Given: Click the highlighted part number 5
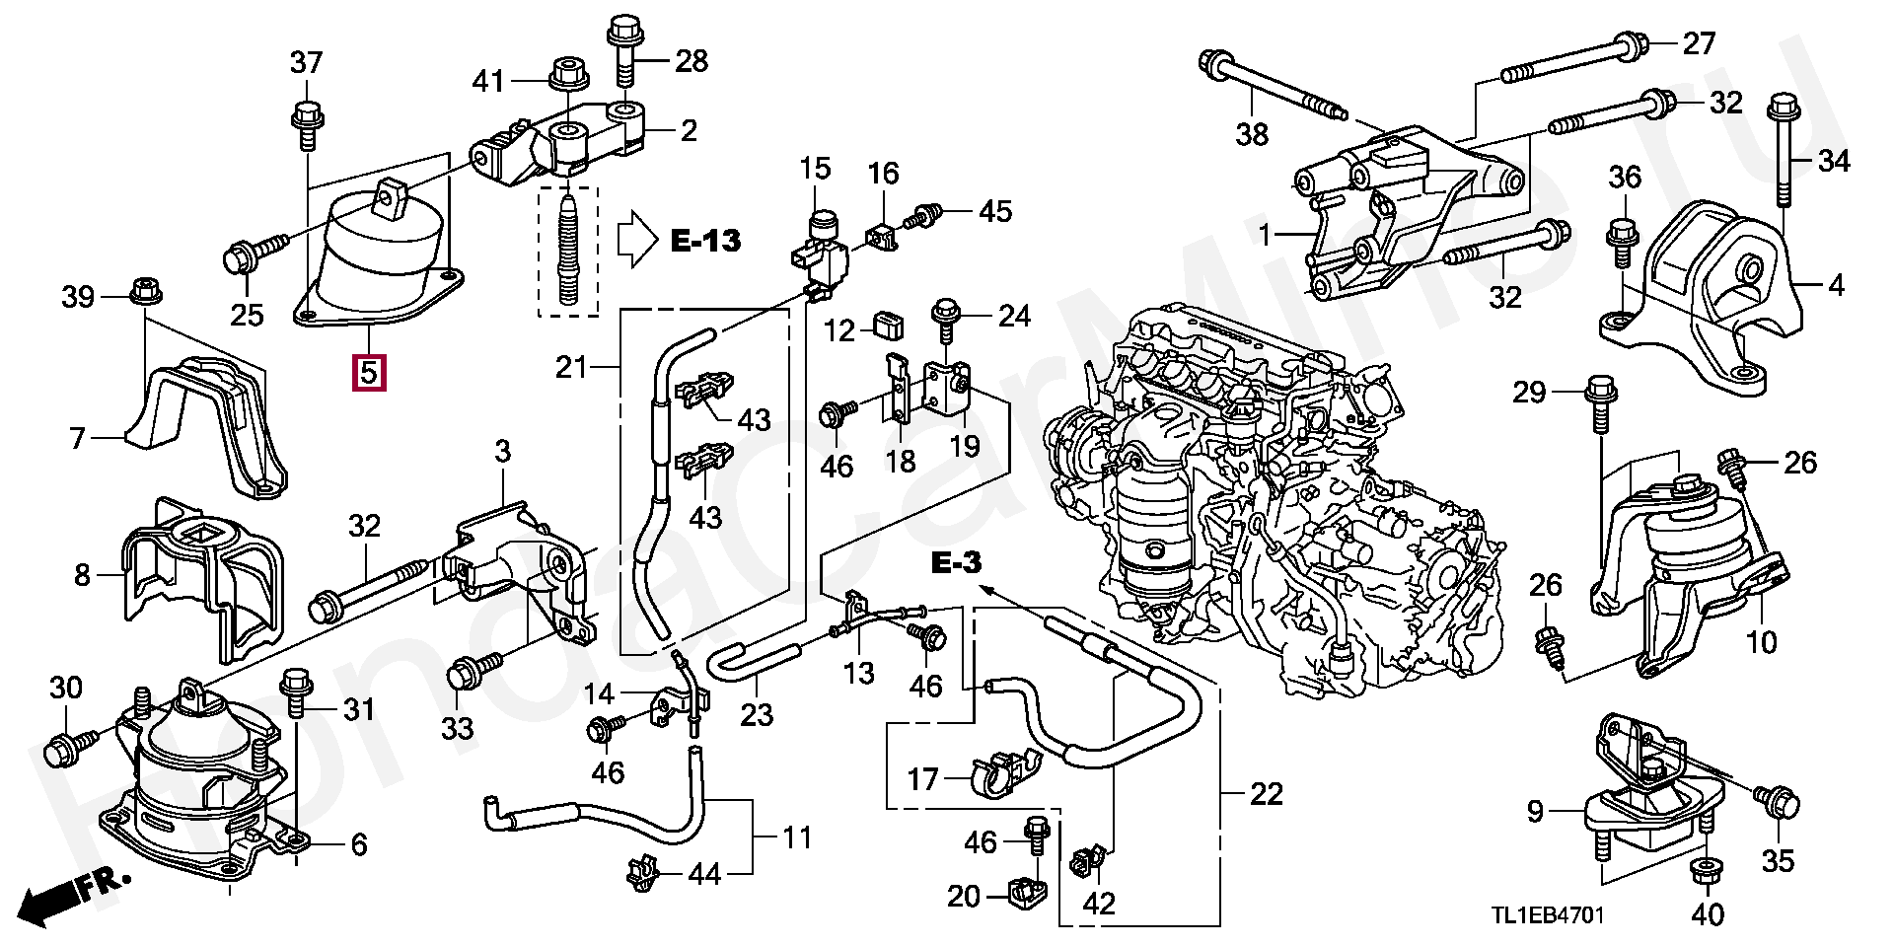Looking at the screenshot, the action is point(368,373).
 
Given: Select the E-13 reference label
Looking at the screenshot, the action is point(705,240).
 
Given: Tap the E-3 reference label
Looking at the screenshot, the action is point(956,563).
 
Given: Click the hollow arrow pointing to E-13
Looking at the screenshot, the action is point(637,239).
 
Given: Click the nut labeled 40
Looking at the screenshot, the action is point(1705,872).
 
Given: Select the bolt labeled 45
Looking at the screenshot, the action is point(927,214).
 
